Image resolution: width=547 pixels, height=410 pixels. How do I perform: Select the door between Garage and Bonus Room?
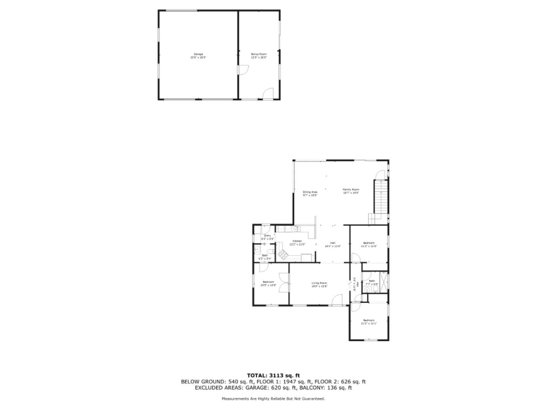[x=242, y=70]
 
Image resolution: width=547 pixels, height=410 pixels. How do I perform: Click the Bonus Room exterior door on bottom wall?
[x=268, y=94]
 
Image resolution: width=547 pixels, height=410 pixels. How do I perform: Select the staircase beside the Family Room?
[x=380, y=197]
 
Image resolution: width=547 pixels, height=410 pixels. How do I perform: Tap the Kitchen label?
[x=297, y=241]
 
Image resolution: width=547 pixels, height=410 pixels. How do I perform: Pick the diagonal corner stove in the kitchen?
[x=283, y=254]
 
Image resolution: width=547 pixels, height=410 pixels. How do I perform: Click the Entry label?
[x=267, y=236]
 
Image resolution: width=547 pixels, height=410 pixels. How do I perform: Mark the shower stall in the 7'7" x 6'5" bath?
[x=384, y=281]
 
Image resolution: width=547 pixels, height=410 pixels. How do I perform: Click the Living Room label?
[x=319, y=283]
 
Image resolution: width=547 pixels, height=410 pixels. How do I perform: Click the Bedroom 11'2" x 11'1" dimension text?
[x=368, y=323]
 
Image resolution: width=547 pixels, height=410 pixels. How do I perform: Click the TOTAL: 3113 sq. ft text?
[x=273, y=375]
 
